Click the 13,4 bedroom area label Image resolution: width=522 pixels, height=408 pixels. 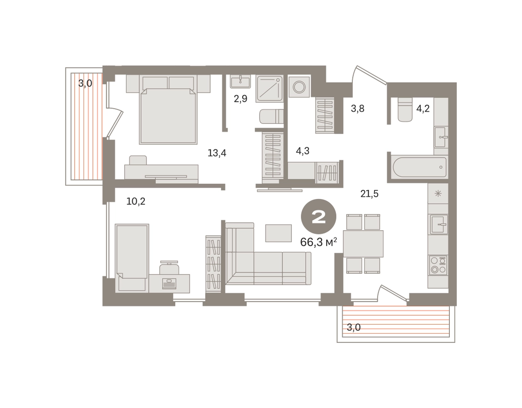217,153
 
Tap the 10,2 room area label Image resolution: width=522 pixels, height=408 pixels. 136,201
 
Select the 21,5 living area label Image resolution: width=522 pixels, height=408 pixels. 369,194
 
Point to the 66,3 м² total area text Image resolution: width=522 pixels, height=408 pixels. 319,242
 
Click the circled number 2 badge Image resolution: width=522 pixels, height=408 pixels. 319,217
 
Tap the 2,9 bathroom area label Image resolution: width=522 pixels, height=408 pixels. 241,99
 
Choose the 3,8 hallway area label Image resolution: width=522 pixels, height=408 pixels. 358,108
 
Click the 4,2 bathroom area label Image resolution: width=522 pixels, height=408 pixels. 423,108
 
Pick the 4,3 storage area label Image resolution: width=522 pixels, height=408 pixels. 303,151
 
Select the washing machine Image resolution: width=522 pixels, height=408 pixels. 299,87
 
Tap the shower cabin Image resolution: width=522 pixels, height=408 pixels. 270,89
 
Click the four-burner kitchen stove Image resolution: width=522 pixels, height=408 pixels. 438,265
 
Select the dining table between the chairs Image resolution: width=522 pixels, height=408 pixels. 363,244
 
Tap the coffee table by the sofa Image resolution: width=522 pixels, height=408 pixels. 278,233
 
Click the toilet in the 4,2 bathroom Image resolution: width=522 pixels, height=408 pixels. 405,110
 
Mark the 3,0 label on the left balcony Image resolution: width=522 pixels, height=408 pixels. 85,83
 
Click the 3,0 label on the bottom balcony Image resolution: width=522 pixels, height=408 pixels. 354,327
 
